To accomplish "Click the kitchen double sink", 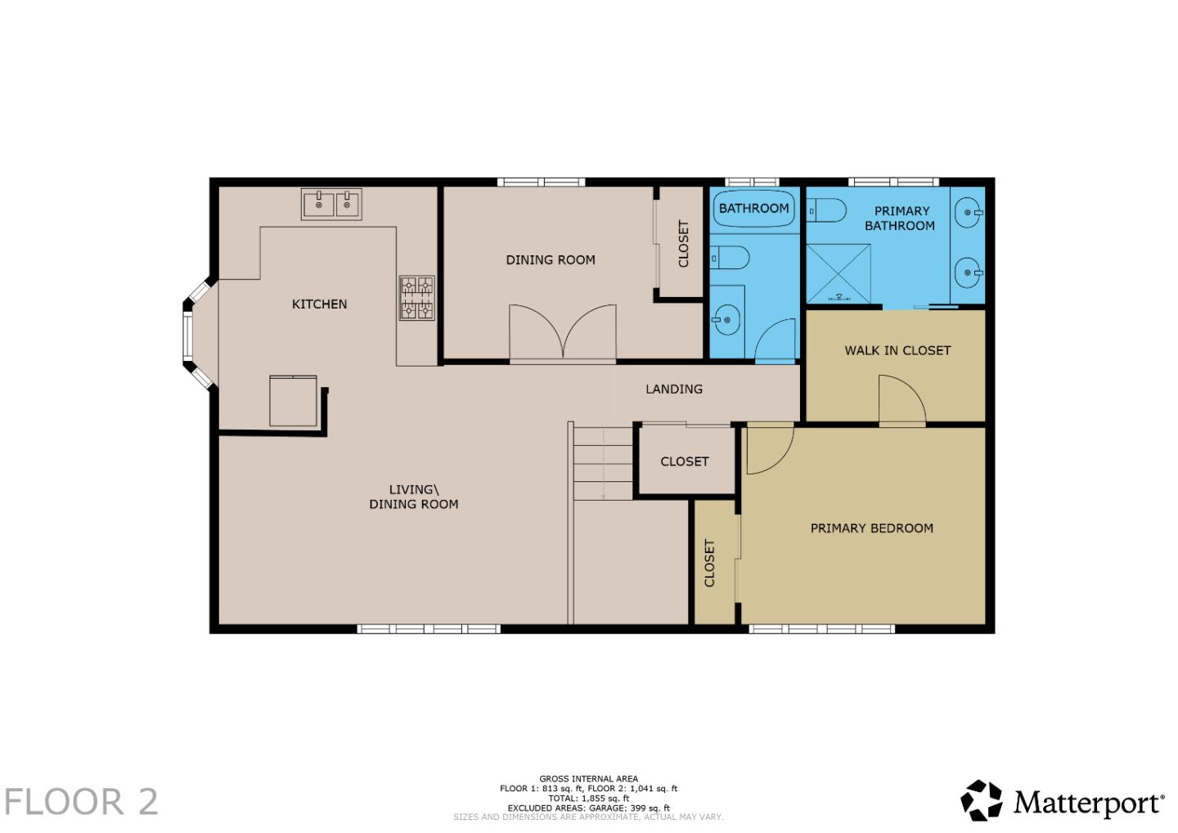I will [331, 204].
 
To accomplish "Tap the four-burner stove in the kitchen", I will [416, 298].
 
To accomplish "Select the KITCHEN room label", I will [319, 304].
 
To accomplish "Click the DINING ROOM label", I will [550, 260].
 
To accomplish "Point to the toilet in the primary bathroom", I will [827, 211].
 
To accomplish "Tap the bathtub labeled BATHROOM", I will [753, 209].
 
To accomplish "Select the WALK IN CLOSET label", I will [897, 350].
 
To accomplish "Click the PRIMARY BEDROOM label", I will [871, 529].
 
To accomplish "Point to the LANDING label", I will [673, 389].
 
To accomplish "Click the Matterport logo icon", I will [981, 800].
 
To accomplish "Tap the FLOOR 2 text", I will [81, 802].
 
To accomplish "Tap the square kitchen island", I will [293, 401].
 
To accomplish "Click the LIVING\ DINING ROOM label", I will [413, 497].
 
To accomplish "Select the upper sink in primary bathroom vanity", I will [969, 213].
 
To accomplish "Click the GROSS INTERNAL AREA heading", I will [588, 779].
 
